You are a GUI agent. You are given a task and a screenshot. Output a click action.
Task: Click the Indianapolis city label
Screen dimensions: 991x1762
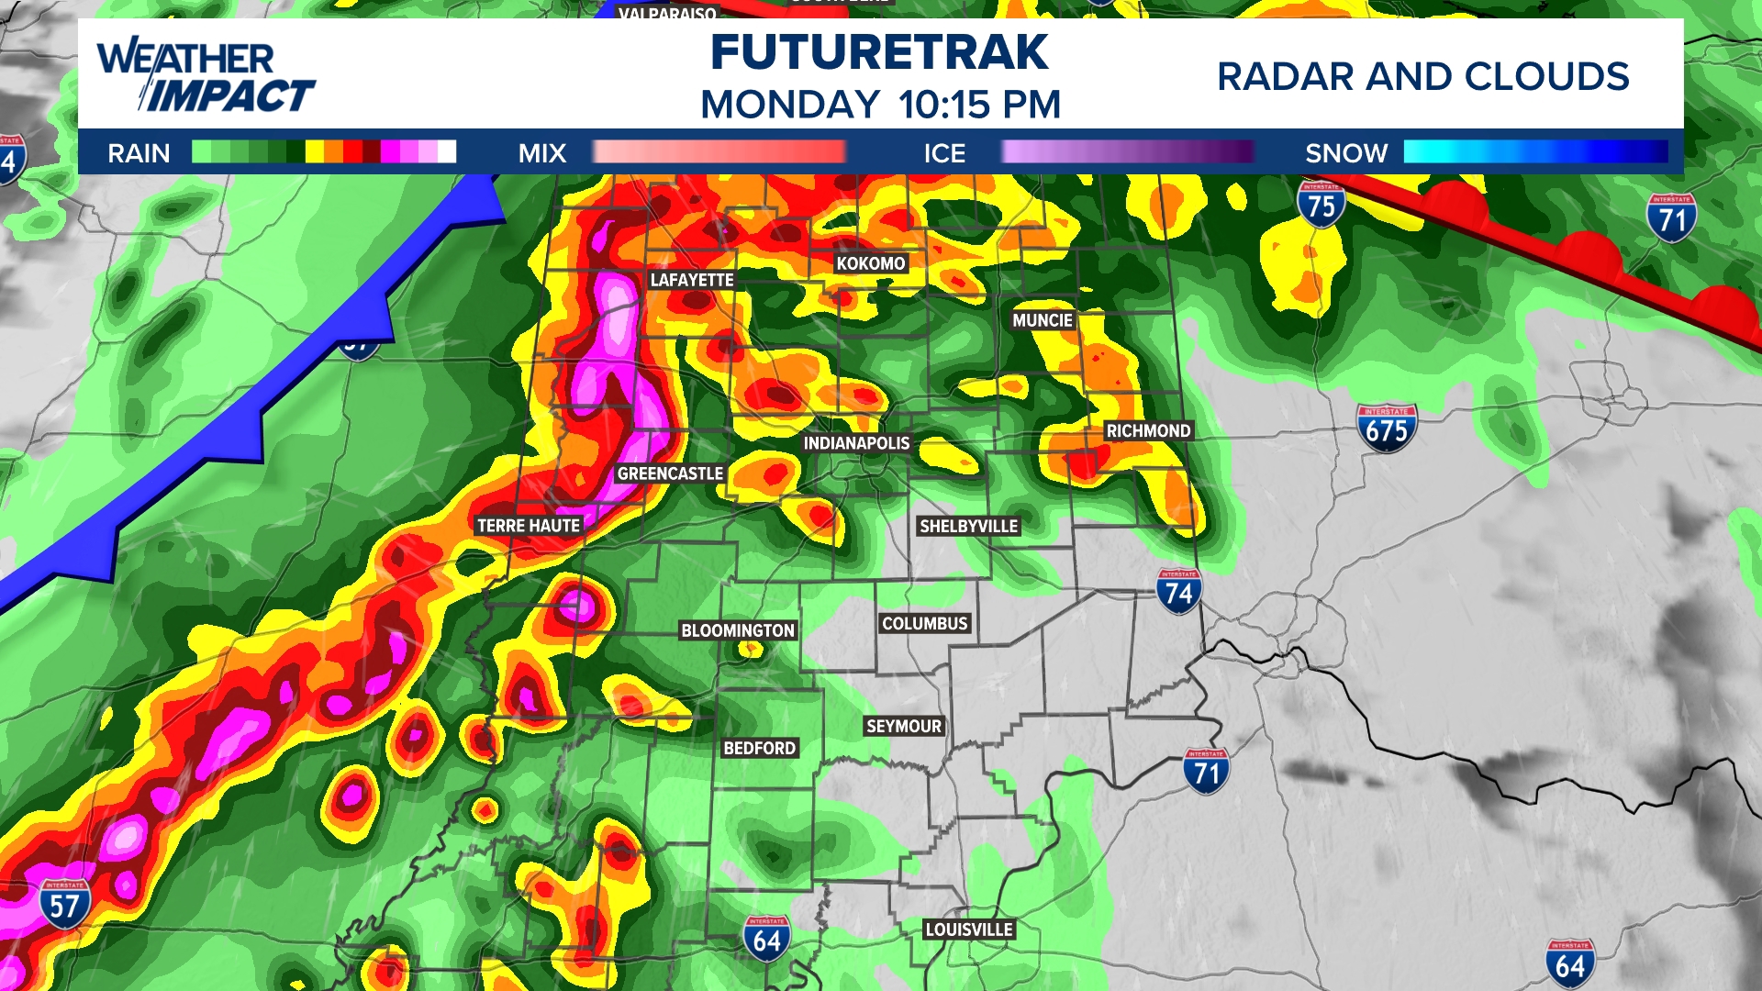pyautogui.click(x=856, y=443)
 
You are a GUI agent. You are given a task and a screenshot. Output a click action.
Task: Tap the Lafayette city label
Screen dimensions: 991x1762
pyautogui.click(x=692, y=280)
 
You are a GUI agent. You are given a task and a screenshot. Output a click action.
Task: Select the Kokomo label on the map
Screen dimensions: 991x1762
pyautogui.click(x=870, y=263)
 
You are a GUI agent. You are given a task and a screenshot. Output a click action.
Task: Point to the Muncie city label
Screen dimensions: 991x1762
pyautogui.click(x=1043, y=320)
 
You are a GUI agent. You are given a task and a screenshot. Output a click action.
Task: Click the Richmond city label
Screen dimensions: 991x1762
pyautogui.click(x=1148, y=430)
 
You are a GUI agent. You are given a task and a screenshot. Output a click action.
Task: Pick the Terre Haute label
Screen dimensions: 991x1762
pyautogui.click(x=529, y=526)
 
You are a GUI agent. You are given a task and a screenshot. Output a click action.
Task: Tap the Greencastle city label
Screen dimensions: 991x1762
pyautogui.click(x=670, y=473)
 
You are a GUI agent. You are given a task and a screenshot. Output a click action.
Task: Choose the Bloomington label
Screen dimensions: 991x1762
pyautogui.click(x=738, y=630)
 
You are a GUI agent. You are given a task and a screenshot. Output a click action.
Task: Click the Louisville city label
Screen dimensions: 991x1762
pyautogui.click(x=969, y=930)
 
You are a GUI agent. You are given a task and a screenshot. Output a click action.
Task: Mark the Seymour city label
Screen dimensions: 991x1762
pyautogui.click(x=904, y=726)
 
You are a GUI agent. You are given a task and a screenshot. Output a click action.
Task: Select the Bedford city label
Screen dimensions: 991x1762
pyautogui.click(x=759, y=748)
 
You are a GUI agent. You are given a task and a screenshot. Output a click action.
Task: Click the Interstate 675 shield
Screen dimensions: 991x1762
pyautogui.click(x=1387, y=429)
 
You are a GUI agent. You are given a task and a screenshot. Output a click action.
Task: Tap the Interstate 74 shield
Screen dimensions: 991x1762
pyautogui.click(x=1178, y=592)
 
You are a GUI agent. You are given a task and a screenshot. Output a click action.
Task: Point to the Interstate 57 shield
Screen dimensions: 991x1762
pyautogui.click(x=64, y=905)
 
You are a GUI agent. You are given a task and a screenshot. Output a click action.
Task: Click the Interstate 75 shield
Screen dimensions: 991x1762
pyautogui.click(x=1321, y=205)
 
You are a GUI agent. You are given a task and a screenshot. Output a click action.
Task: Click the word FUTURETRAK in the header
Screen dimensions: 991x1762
pyautogui.click(x=879, y=52)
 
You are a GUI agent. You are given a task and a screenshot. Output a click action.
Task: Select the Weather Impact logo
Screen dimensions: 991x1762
pyautogui.click(x=206, y=75)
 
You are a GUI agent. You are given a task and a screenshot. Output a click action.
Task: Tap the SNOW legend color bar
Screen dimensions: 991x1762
pyautogui.click(x=1535, y=152)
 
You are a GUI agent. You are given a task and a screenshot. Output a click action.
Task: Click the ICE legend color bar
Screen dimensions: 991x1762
pyautogui.click(x=1127, y=152)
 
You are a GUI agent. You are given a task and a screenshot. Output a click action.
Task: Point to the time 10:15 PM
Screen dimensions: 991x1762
pyautogui.click(x=979, y=105)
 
